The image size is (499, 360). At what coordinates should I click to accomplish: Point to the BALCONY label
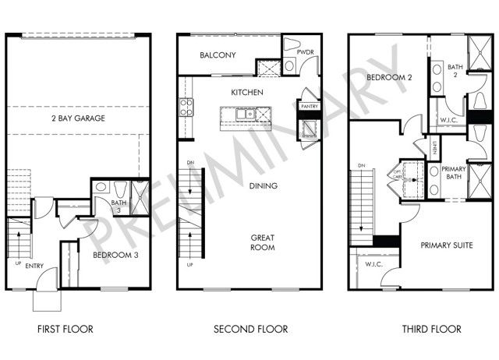[x=218, y=55]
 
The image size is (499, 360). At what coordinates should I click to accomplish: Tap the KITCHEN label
[x=247, y=93]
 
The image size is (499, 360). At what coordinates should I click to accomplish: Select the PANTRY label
[x=310, y=107]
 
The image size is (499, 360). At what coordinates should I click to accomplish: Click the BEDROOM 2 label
[x=390, y=79]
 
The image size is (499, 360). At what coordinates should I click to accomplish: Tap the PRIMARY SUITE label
[x=447, y=245]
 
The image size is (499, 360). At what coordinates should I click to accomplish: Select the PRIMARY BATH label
[x=454, y=174]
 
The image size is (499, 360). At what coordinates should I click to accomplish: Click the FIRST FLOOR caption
[x=65, y=330]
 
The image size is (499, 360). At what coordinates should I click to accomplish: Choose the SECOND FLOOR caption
[x=251, y=330]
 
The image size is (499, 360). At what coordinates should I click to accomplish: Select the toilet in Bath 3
[x=120, y=189]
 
